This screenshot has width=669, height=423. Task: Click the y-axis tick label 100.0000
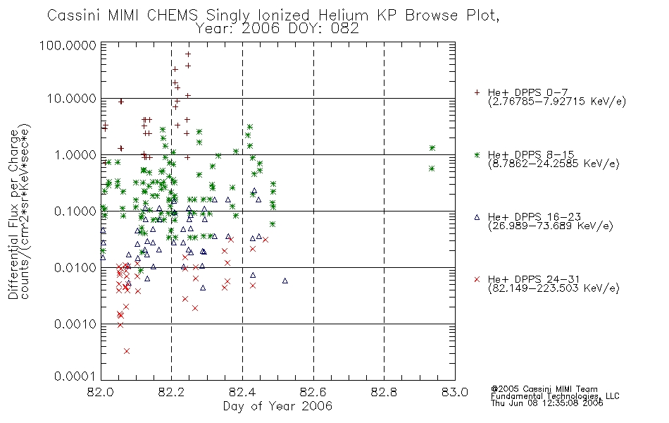click(68, 45)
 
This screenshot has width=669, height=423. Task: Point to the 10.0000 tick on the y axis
click(72, 99)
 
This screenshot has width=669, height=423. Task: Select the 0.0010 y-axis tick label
click(75, 324)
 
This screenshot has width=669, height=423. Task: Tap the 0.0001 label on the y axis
click(75, 376)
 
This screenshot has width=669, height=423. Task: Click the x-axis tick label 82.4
click(242, 392)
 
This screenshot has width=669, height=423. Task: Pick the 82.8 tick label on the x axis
click(384, 392)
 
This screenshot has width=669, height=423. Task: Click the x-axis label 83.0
click(454, 392)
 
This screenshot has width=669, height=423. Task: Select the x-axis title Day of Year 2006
click(277, 406)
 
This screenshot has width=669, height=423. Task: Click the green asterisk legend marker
click(477, 154)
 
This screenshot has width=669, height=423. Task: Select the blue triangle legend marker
click(477, 217)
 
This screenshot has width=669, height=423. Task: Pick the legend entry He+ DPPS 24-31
click(534, 279)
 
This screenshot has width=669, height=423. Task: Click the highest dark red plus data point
click(188, 54)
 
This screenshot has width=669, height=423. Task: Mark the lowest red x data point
click(126, 351)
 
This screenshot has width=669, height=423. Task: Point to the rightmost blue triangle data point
click(285, 281)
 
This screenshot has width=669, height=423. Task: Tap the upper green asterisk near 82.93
click(432, 148)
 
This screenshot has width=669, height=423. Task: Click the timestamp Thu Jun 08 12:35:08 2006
click(547, 403)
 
